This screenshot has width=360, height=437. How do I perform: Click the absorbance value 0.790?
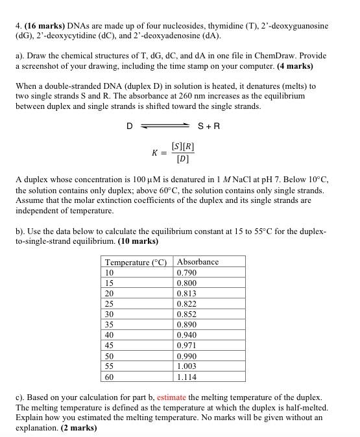[x=187, y=273]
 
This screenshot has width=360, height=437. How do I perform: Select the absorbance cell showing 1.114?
[x=187, y=377]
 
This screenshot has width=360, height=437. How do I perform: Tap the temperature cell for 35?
[x=110, y=325]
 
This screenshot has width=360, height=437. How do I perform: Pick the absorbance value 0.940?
[x=187, y=335]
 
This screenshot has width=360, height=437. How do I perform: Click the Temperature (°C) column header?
[x=136, y=263]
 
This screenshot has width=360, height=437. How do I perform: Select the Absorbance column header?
[x=198, y=262]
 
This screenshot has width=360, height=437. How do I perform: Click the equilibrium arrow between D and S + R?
[x=165, y=126]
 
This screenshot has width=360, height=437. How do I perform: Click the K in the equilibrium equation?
[x=154, y=153]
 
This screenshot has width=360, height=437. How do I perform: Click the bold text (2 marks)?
[x=73, y=428]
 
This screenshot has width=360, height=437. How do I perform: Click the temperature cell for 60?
[x=110, y=377]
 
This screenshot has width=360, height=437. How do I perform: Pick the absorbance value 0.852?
[x=187, y=314]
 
